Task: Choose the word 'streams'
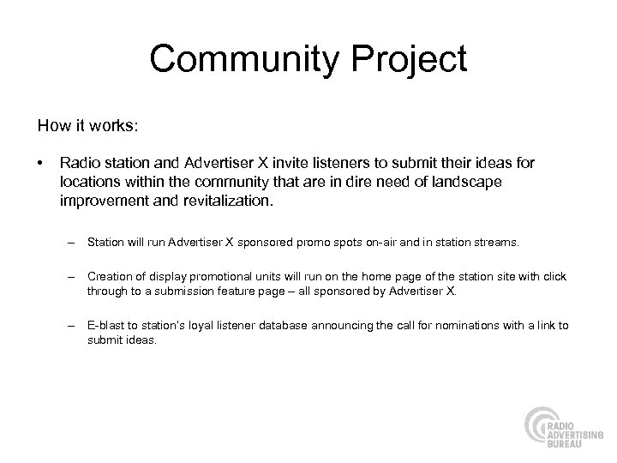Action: tap(494, 243)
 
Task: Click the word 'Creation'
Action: tap(109, 277)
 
